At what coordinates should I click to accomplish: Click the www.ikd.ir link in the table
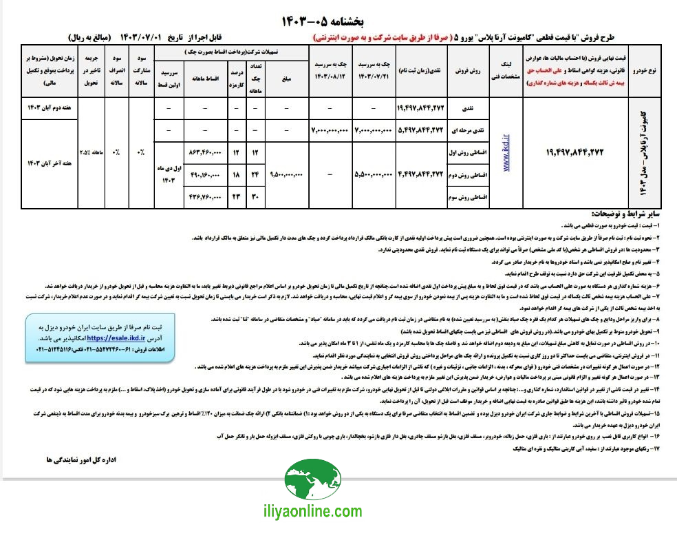(507, 152)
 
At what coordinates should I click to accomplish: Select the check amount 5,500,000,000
(374, 174)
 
